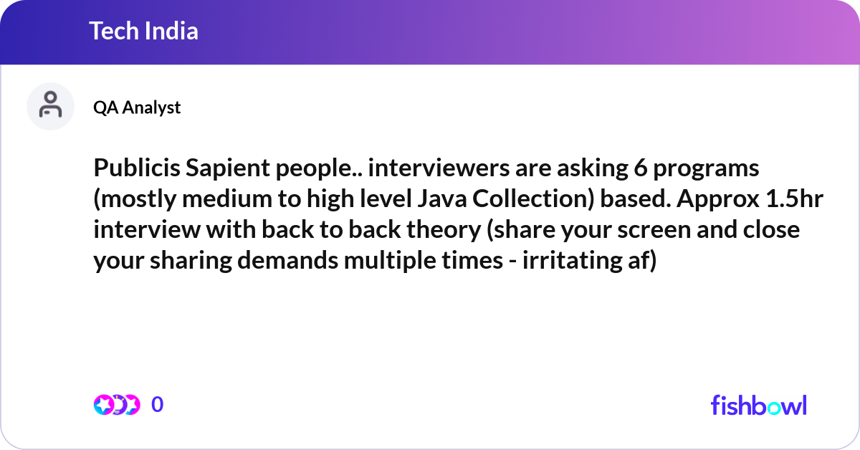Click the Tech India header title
pyautogui.click(x=143, y=32)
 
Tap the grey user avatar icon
pyautogui.click(x=50, y=106)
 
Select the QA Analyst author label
pyautogui.click(x=137, y=107)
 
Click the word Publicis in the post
pyautogui.click(x=135, y=170)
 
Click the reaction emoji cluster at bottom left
pyautogui.click(x=116, y=405)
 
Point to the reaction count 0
pyautogui.click(x=158, y=405)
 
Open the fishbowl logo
pyautogui.click(x=758, y=405)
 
